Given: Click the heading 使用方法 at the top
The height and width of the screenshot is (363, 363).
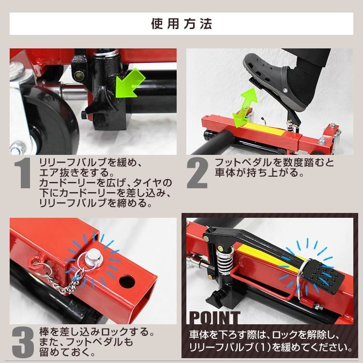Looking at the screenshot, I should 181,24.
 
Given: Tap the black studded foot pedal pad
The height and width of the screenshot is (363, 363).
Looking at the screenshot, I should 322,276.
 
